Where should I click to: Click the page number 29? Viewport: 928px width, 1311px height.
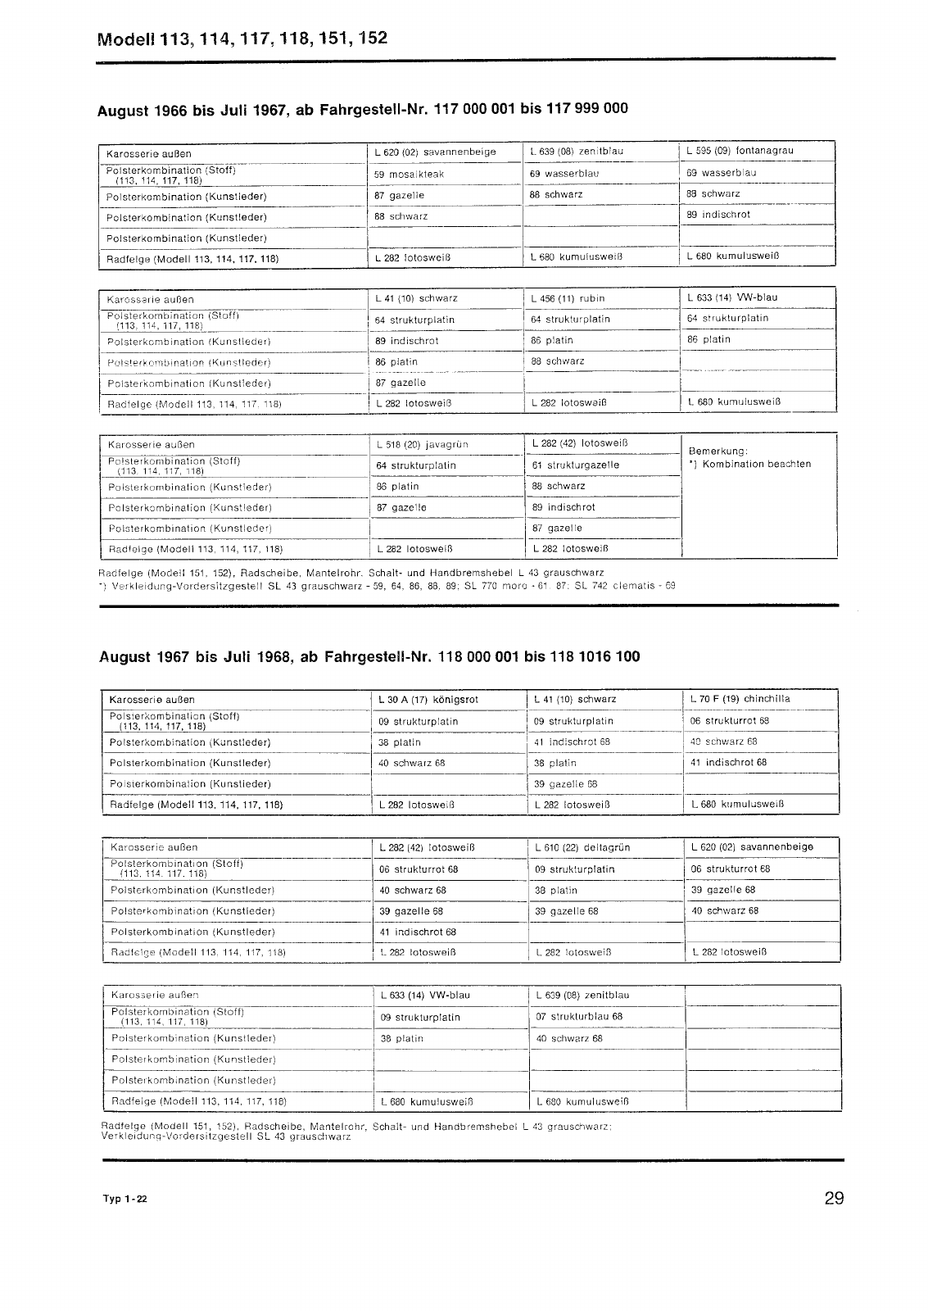coord(834,1199)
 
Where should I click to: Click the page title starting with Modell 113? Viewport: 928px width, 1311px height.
coord(242,39)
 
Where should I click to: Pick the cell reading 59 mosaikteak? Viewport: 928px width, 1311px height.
coord(410,175)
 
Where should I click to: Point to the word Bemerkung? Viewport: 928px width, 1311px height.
coord(718,451)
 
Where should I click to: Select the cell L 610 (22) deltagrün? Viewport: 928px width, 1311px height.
coord(582,847)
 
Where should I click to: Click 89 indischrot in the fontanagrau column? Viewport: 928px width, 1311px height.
coord(718,215)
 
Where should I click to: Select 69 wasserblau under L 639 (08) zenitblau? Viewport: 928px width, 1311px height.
coord(564,174)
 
